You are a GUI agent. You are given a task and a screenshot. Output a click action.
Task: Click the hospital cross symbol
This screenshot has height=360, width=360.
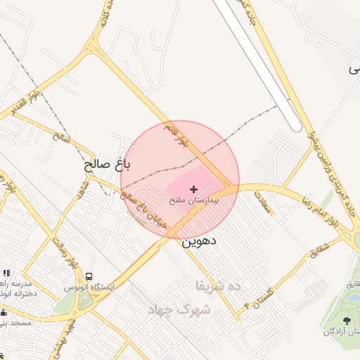tap(194, 189)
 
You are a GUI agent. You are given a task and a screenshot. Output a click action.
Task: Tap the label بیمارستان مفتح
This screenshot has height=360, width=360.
tap(195, 200)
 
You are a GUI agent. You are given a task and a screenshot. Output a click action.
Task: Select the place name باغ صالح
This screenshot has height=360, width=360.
tap(107, 166)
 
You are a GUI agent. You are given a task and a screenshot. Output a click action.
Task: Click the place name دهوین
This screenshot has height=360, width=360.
tap(199, 241)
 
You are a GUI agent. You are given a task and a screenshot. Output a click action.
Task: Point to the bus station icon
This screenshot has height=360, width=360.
tap(89, 276)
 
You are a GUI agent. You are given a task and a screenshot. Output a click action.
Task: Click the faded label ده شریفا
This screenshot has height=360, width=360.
tap(219, 285)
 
